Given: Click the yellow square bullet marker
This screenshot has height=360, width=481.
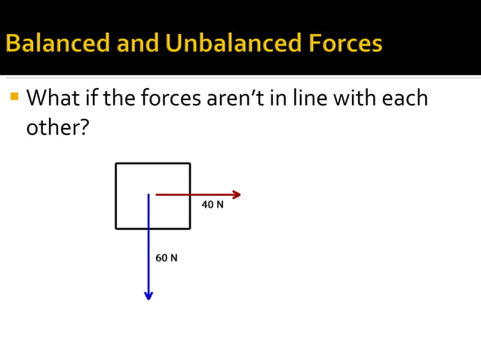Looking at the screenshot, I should tap(14, 96).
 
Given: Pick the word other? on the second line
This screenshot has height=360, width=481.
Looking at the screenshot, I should tap(57, 127).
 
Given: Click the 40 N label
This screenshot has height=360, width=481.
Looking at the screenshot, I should tap(213, 205).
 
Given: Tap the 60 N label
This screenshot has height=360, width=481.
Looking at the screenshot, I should tap(167, 258).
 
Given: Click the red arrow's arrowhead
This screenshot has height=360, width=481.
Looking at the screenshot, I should tap(236, 194).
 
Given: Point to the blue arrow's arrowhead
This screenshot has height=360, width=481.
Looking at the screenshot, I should tap(149, 295).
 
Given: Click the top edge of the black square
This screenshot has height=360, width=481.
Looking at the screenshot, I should tap(153, 163).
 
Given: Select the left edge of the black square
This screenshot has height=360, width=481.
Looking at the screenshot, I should tap(116, 196).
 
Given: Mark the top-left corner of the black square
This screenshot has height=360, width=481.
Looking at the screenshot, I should tap(116, 163).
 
